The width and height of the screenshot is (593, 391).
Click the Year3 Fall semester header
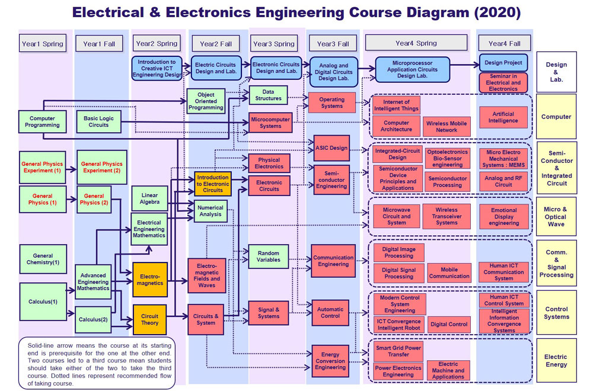coord(333,44)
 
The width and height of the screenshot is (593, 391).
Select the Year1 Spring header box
coord(42,44)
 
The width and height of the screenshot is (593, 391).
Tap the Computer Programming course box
coord(42,121)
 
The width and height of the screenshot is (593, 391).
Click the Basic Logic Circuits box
coord(98,121)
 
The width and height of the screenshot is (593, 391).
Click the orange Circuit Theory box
coord(149,319)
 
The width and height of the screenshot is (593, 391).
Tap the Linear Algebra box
coord(149,198)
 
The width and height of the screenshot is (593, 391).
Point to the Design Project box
coord(503,63)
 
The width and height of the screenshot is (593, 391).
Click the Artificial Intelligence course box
coord(503,117)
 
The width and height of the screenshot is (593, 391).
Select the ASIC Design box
coord(331,148)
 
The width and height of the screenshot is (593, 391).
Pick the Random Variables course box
coord(268,256)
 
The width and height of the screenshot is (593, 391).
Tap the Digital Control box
coord(449,324)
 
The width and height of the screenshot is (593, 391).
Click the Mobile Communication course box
coord(449,273)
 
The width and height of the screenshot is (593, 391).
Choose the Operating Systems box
coord(331,102)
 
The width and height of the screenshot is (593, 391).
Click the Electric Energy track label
coord(556,361)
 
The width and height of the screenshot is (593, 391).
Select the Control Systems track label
coord(556,313)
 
